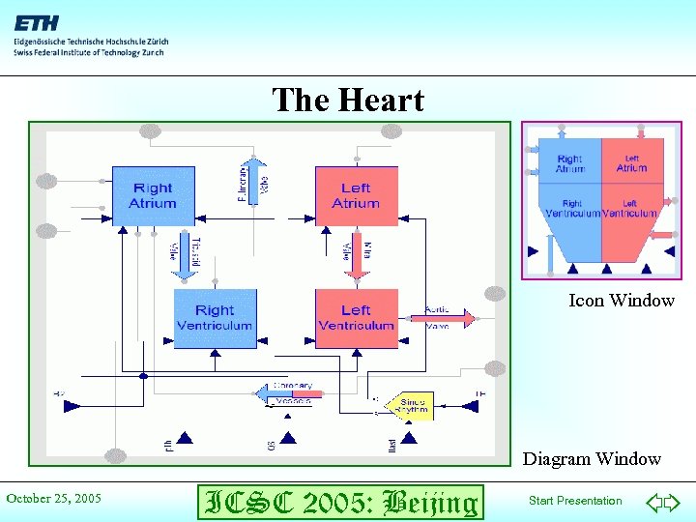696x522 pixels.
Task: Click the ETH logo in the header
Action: tap(35, 22)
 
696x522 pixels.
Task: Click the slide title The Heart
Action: tap(348, 100)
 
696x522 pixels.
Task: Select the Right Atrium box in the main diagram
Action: tap(153, 195)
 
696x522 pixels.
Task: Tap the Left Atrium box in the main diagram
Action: tap(356, 195)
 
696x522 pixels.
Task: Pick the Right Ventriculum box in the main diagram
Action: tap(215, 317)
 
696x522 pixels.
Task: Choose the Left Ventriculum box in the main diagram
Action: tap(356, 317)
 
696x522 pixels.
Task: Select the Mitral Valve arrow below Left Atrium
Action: tap(357, 253)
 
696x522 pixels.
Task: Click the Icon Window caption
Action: tap(622, 301)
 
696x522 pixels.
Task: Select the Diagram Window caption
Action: tap(592, 459)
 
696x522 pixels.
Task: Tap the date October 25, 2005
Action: tap(54, 499)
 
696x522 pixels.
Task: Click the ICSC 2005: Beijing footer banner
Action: tap(338, 502)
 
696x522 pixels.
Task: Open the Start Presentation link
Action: tap(575, 501)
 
